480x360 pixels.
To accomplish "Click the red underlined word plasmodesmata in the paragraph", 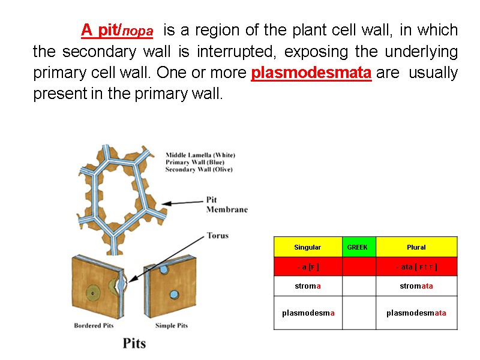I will (311, 73).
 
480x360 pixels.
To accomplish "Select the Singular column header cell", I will (307, 247).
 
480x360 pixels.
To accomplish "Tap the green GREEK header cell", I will (358, 247).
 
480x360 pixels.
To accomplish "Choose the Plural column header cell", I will (416, 247).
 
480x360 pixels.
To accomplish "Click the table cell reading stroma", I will (307, 286).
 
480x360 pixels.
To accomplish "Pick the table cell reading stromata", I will (416, 286).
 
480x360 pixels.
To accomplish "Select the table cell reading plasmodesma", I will (307, 313).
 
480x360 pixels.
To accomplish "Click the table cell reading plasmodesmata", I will (416, 313).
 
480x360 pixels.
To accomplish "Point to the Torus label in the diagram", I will (217, 235).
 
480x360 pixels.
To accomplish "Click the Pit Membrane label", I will (226, 205).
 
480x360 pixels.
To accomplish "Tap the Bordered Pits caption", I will (94, 326).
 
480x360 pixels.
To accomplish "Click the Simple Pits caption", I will (171, 326).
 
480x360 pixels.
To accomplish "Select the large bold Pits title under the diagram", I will (134, 343).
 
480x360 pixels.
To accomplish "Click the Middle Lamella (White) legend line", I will (200, 155).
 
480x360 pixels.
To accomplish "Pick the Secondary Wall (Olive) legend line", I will (199, 170).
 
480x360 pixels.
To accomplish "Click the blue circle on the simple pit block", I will (174, 294).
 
